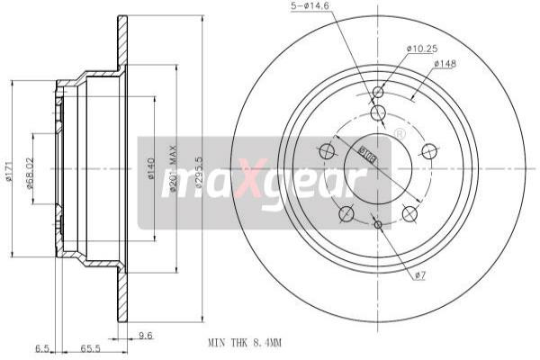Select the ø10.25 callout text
pos(421,48)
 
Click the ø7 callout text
pos(421,275)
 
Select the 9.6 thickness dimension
pos(146,335)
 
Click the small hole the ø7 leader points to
pos(378,224)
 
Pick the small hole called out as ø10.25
pos(378,92)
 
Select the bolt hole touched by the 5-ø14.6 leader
pos(378,112)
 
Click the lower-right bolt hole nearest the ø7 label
pos(410,213)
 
